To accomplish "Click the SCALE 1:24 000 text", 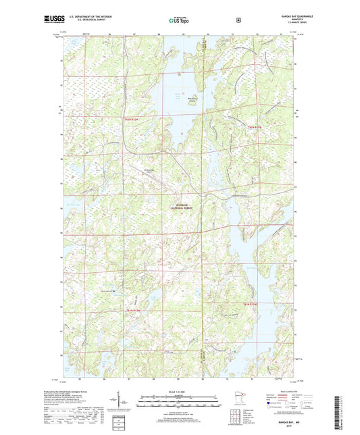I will pos(180,392).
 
